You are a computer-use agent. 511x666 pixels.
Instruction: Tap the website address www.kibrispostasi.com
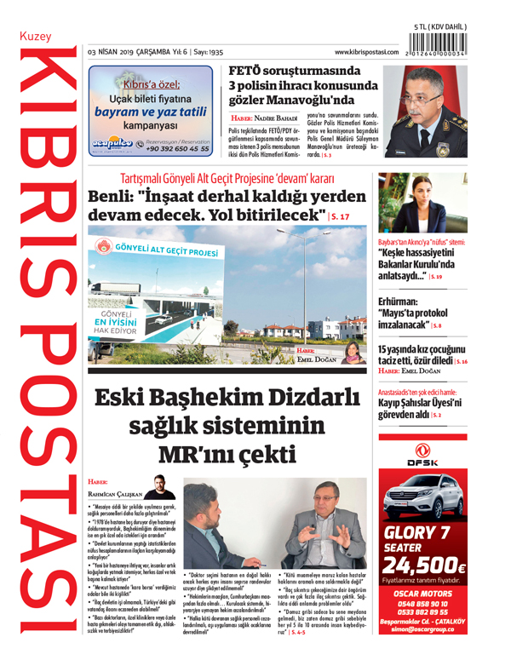click(x=367, y=53)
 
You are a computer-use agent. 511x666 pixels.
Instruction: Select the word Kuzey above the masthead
click(x=36, y=37)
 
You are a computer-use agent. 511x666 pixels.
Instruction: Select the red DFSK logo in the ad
click(x=422, y=456)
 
